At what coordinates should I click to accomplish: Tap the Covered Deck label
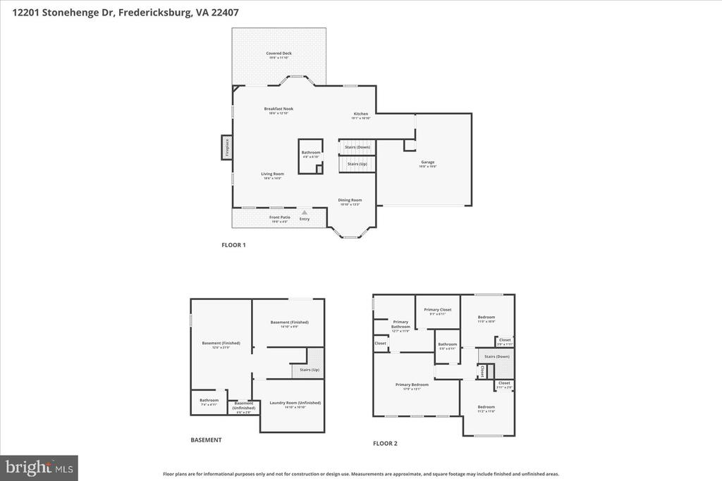click(279, 54)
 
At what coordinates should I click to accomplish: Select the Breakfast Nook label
click(279, 109)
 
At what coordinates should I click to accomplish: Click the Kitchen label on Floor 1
click(360, 114)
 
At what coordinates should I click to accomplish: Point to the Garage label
click(428, 162)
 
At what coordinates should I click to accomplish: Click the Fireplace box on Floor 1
click(227, 147)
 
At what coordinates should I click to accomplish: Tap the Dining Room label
click(350, 200)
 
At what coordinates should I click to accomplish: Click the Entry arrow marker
click(304, 211)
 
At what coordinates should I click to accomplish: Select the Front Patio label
click(280, 218)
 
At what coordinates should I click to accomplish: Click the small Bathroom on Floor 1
click(311, 153)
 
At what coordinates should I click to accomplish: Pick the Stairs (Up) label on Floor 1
click(357, 163)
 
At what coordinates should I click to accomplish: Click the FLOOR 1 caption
click(233, 245)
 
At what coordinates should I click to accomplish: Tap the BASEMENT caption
click(206, 440)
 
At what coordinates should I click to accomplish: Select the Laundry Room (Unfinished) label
click(295, 403)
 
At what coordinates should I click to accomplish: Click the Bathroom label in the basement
click(209, 400)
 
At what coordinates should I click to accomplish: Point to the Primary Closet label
click(437, 310)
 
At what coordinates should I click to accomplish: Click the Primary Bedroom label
click(408, 385)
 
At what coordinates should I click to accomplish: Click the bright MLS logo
click(39, 467)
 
